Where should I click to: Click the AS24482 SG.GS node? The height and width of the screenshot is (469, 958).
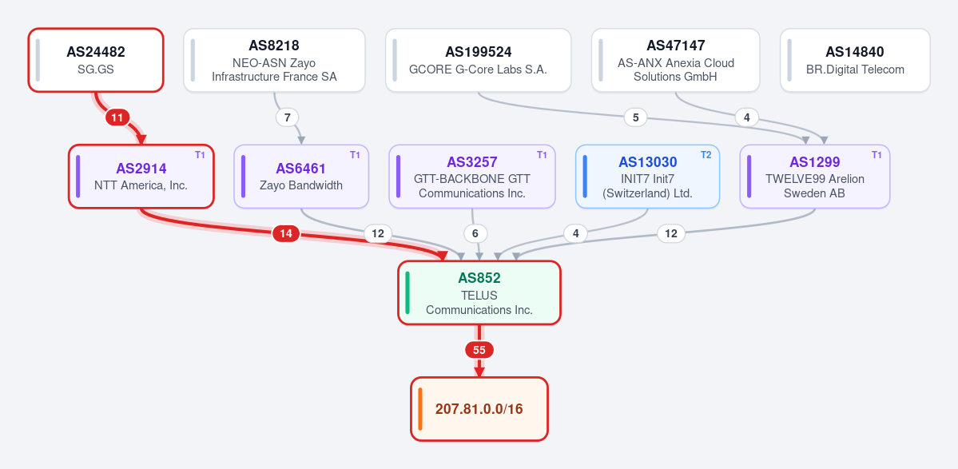pyautogui.click(x=96, y=60)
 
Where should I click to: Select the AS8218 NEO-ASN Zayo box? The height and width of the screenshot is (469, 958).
pyautogui.click(x=274, y=60)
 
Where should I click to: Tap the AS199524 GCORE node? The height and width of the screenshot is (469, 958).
pyautogui.click(x=479, y=60)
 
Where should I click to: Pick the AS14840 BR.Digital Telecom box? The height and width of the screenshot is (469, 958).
pyautogui.click(x=855, y=60)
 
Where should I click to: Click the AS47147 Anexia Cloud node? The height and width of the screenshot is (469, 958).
pyautogui.click(x=676, y=60)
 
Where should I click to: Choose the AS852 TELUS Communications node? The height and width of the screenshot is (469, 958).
pyautogui.click(x=479, y=292)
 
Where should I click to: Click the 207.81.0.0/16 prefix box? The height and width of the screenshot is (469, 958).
pyautogui.click(x=479, y=408)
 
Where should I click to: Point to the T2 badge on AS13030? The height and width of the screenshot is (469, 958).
pyautogui.click(x=706, y=155)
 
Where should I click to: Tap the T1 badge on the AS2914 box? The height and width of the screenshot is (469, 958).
pyautogui.click(x=201, y=155)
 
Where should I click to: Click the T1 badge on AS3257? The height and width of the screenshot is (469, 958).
pyautogui.click(x=542, y=155)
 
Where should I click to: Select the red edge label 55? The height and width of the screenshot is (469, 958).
pyautogui.click(x=479, y=350)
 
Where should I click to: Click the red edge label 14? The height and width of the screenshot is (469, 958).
pyautogui.click(x=286, y=233)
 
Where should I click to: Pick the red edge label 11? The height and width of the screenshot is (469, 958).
pyautogui.click(x=117, y=117)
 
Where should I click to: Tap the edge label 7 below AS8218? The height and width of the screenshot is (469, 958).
pyautogui.click(x=287, y=117)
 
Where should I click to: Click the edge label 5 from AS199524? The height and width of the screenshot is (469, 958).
pyautogui.click(x=635, y=117)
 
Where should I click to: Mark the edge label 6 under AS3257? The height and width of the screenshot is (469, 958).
pyautogui.click(x=475, y=233)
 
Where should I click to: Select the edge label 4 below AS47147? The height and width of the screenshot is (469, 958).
pyautogui.click(x=746, y=117)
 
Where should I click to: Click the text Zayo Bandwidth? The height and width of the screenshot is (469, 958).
pyautogui.click(x=301, y=185)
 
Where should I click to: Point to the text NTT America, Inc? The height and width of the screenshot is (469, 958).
pyautogui.click(x=141, y=185)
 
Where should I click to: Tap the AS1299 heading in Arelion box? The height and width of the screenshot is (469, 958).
pyautogui.click(x=814, y=162)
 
